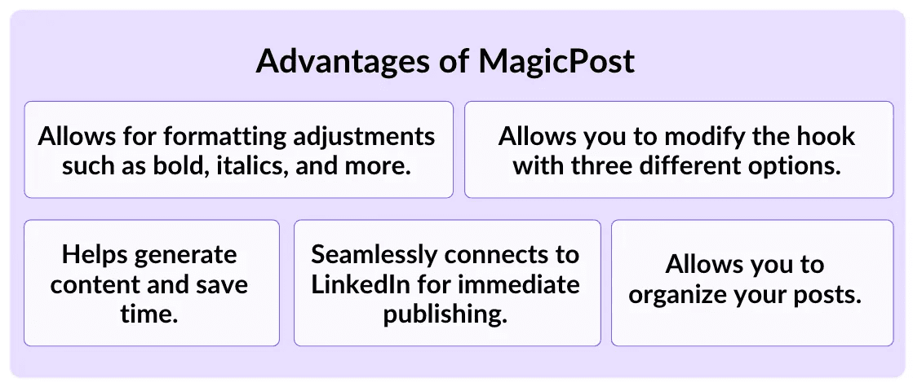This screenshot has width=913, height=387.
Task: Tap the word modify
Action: click(x=682, y=135)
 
